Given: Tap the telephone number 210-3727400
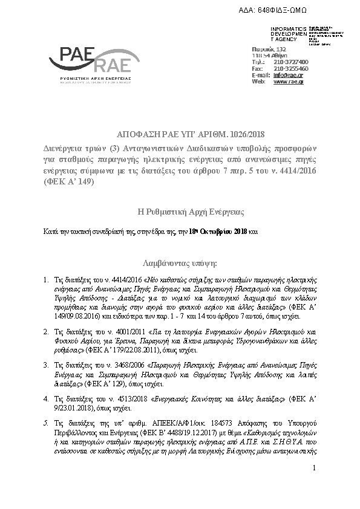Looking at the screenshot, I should pyautogui.click(x=291, y=62).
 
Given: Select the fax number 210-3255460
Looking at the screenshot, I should pyautogui.click(x=291, y=68).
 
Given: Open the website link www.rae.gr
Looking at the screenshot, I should pyautogui.click(x=289, y=81).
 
